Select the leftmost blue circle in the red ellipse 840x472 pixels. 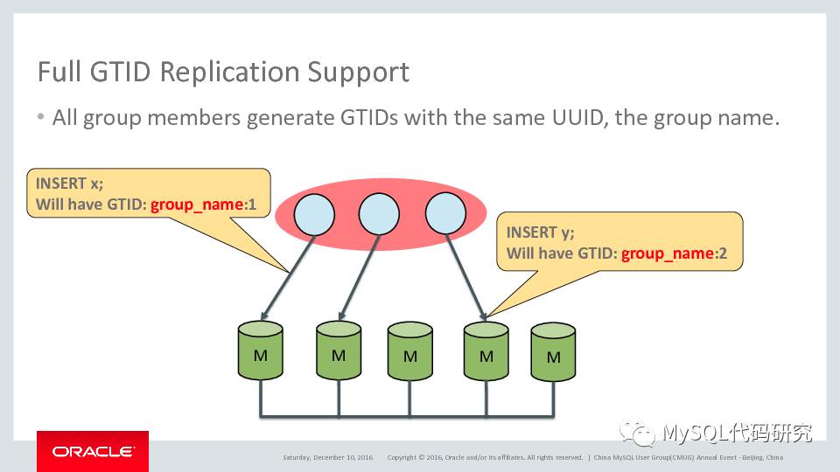[313, 214]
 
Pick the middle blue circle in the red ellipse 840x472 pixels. [379, 214]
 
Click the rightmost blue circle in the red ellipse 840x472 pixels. [445, 214]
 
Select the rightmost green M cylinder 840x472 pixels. [554, 353]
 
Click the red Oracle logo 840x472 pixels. [93, 451]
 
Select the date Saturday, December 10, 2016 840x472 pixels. [327, 457]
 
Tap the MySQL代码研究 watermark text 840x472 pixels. [737, 432]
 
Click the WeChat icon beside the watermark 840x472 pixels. [637, 433]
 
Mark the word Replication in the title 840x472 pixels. [230, 72]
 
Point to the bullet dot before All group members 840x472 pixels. [41, 117]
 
